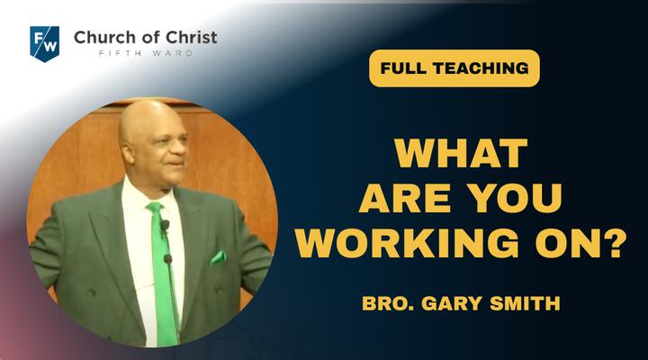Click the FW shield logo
[x=45, y=44]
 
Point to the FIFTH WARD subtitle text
[x=146, y=53]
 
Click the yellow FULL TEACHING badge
[x=454, y=68]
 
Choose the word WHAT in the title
[x=461, y=153]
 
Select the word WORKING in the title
[x=406, y=243]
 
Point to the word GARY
[x=452, y=303]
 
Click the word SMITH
[x=525, y=303]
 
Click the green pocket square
[x=218, y=258]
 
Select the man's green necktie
[x=162, y=273]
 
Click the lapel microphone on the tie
[x=165, y=226]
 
